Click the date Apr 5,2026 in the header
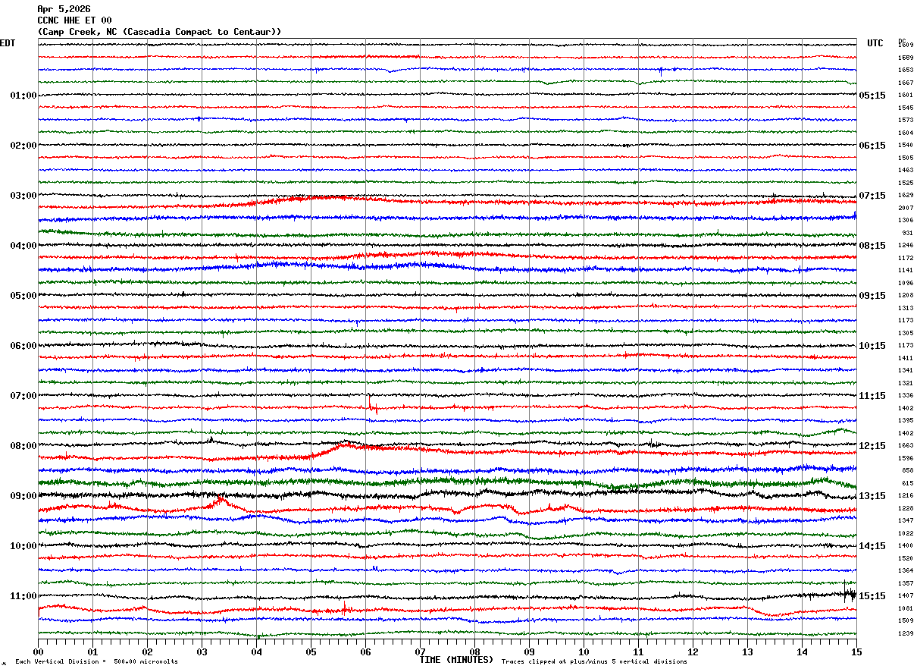[x=64, y=9]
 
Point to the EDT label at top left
[x=8, y=43]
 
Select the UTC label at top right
[x=875, y=43]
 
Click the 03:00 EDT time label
[x=23, y=196]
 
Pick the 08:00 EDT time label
[x=23, y=446]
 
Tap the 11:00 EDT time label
[x=23, y=596]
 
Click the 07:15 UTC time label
[x=872, y=196]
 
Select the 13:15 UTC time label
[x=872, y=496]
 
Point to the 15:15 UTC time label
[x=872, y=596]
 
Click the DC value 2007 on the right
[x=906, y=208]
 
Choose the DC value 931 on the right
[x=907, y=233]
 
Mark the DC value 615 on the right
[x=907, y=483]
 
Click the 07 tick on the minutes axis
[x=420, y=652]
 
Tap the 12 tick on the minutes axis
[x=693, y=652]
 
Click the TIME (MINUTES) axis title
[x=456, y=660]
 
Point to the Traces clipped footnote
[x=594, y=662]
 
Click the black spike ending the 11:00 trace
[x=849, y=594]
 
